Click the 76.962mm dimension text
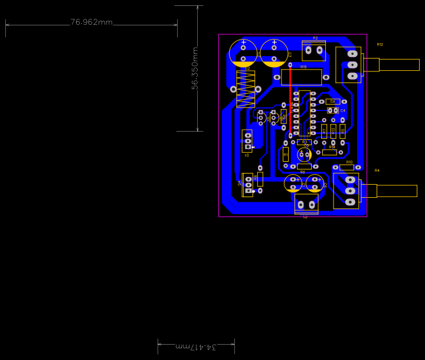(x=91, y=22)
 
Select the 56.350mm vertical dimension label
(x=195, y=68)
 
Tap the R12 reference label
(x=380, y=45)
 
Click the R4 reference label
(x=377, y=171)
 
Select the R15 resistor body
(x=301, y=77)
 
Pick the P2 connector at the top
(x=313, y=51)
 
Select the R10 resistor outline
(x=347, y=167)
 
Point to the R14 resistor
(x=330, y=152)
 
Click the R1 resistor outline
(x=286, y=154)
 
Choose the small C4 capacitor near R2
(x=332, y=110)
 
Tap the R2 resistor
(x=333, y=102)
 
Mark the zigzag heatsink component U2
(x=246, y=89)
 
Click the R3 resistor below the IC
(x=304, y=142)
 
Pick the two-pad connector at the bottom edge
(x=306, y=205)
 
